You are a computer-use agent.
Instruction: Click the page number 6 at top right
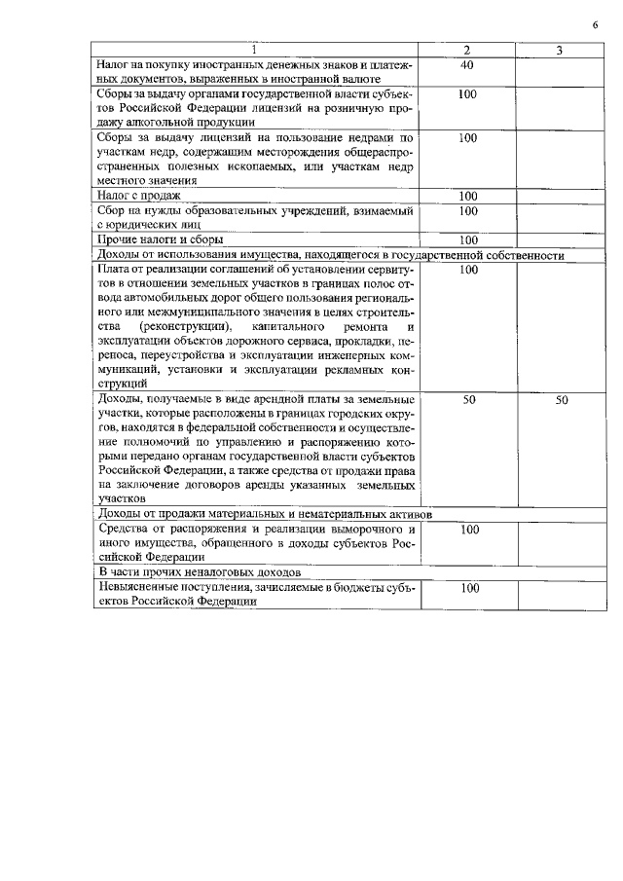(594, 24)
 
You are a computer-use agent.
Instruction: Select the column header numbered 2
(467, 50)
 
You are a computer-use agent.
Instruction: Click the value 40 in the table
(467, 64)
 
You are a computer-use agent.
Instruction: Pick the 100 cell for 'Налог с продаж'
(467, 196)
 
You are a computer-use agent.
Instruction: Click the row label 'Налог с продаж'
(139, 196)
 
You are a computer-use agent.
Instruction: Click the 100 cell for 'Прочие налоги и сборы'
(467, 239)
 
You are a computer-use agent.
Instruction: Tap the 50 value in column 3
(561, 400)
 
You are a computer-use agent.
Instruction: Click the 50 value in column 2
(467, 400)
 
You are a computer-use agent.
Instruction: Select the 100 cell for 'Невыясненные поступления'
(467, 588)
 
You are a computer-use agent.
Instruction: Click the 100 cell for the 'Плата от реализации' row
(467, 269)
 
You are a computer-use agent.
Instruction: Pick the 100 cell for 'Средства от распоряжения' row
(467, 530)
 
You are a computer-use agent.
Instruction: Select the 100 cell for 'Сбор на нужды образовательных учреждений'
(467, 210)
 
